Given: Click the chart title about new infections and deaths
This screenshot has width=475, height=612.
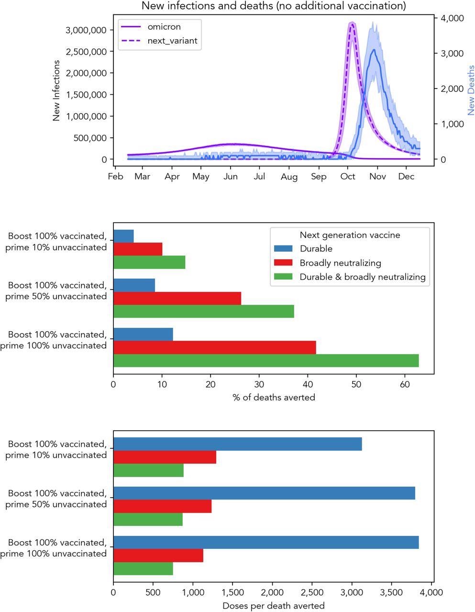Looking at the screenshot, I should tap(273, 6).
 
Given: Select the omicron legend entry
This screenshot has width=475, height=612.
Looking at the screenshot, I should tap(164, 27).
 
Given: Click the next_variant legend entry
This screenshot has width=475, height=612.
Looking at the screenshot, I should tap(172, 41).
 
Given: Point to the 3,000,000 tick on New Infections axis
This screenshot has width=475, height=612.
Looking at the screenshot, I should tap(85, 30).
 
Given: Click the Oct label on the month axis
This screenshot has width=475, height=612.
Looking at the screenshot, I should tap(348, 177).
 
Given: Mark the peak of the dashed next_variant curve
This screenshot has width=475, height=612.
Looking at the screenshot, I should tap(352, 24).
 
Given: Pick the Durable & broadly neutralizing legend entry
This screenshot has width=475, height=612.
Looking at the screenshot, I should tap(362, 277).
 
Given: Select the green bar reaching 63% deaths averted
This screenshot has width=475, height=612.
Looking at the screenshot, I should tap(266, 361).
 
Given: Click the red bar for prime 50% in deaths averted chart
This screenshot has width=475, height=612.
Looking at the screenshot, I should tap(177, 298).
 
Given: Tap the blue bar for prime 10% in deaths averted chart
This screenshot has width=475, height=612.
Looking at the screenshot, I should tap(123, 236).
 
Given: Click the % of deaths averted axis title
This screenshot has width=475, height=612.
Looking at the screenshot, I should tap(274, 398).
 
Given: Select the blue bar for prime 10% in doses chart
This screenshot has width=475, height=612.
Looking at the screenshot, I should tap(237, 444).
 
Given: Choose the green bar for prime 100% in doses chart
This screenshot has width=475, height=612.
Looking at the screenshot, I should tap(143, 568).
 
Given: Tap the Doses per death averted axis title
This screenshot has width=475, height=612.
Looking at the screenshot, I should tap(274, 606).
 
